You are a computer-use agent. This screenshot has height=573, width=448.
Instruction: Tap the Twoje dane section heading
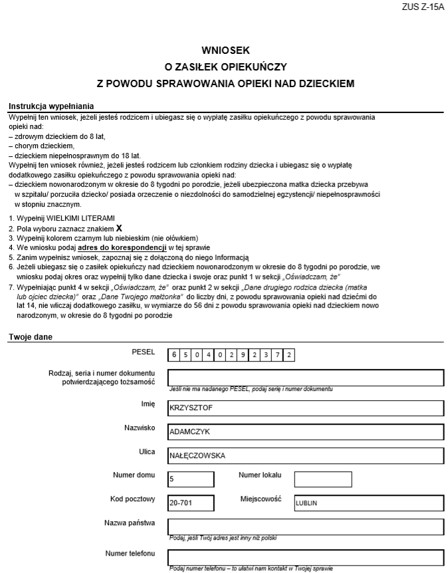tap(31, 337)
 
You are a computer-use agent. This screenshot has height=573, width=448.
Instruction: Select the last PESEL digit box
tap(288, 355)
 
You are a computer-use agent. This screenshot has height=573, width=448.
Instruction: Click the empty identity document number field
tap(305, 378)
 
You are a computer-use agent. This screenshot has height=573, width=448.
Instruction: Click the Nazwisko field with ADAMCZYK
tap(305, 431)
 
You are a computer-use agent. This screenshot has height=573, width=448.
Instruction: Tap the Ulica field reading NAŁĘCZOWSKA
tap(305, 455)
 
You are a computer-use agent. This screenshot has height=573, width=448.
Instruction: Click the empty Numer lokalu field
tap(322, 479)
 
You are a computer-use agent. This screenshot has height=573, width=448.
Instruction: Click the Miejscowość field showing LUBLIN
tap(369, 503)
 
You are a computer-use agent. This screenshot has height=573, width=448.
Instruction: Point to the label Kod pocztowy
tap(132, 499)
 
